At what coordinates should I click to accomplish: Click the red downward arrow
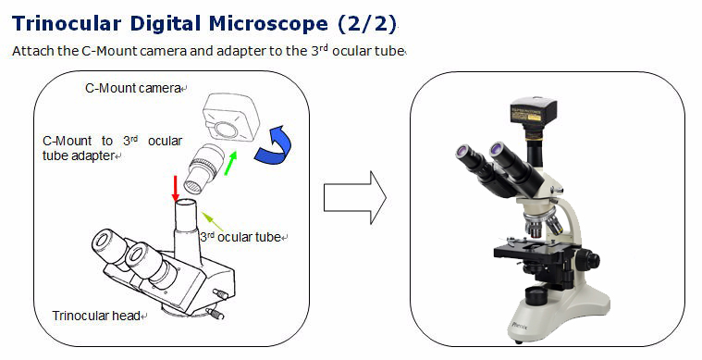click(x=176, y=189)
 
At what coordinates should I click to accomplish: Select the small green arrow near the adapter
click(x=230, y=163)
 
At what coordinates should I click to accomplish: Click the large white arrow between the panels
click(x=354, y=197)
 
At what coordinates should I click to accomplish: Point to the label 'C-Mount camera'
click(x=132, y=88)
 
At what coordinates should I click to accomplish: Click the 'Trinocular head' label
click(x=96, y=316)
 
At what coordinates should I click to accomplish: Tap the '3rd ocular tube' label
click(x=240, y=236)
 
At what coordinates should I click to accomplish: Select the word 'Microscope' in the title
click(x=268, y=24)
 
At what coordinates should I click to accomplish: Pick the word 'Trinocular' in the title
click(x=67, y=24)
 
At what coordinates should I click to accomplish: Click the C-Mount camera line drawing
click(x=231, y=118)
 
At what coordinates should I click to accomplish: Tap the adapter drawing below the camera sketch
click(x=205, y=168)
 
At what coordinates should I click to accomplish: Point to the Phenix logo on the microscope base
click(x=520, y=326)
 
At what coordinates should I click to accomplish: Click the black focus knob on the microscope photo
click(x=588, y=260)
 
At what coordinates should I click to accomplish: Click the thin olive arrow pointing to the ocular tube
click(x=212, y=221)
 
